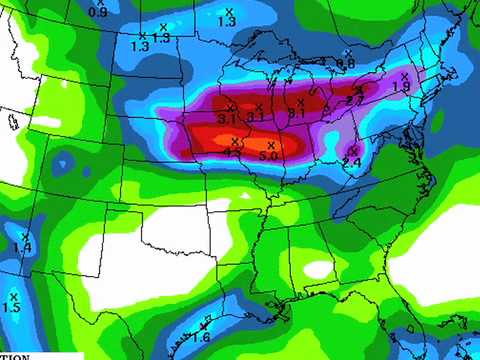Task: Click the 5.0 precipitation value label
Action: click(x=268, y=157)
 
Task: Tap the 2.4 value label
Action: click(x=352, y=162)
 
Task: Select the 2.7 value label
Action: click(x=354, y=100)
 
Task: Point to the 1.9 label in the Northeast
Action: click(x=401, y=88)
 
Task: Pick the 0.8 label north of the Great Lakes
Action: click(x=346, y=64)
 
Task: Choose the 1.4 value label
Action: click(x=23, y=247)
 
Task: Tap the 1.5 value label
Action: click(x=12, y=308)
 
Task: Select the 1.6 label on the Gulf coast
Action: click(x=200, y=337)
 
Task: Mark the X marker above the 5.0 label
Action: click(x=270, y=144)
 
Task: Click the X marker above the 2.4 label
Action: click(x=355, y=150)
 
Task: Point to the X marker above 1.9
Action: click(x=404, y=75)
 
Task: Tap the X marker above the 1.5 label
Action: click(x=14, y=296)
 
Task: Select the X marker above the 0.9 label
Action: click(x=100, y=2)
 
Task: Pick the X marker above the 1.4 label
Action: click(x=25, y=236)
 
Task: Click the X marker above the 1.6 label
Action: click(x=203, y=325)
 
